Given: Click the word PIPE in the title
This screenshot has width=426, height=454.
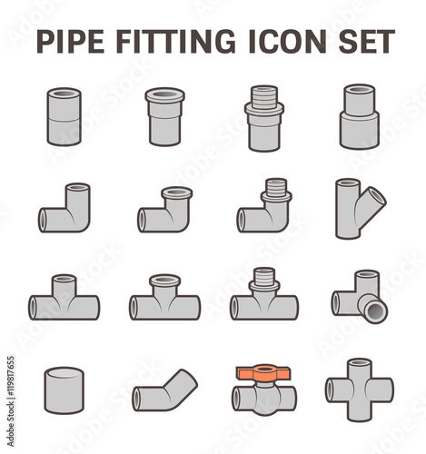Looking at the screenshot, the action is point(71,42).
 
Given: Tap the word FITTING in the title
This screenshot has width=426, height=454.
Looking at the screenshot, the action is point(175,42).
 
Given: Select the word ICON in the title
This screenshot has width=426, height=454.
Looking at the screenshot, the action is point(288,42).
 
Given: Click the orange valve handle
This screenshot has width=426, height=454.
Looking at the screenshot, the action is point(263,372).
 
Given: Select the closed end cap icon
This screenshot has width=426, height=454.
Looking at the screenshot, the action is point(64,390).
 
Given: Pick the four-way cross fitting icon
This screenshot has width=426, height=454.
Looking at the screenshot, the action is point(360,390).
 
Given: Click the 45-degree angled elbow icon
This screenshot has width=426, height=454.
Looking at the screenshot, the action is point(164,390).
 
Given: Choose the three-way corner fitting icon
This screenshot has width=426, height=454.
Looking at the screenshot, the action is point(360,297).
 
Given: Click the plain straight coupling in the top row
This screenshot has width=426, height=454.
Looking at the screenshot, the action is point(64,117).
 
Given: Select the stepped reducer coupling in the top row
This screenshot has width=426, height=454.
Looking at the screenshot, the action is point(360,117).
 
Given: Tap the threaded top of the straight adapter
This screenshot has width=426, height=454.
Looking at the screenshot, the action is point(264,94).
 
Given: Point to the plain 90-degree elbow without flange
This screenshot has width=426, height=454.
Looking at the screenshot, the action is point(64,208).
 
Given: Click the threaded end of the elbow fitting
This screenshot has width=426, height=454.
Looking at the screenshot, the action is point(276,186).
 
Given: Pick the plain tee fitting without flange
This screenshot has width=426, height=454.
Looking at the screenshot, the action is point(64,297).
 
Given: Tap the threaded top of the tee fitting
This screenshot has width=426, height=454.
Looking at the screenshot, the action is point(263,276).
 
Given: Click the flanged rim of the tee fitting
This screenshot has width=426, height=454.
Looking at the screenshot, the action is point(164,281).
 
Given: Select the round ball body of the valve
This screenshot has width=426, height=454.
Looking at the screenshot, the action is point(264,400).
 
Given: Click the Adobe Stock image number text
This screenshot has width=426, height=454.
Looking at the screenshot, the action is point(11,401).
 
